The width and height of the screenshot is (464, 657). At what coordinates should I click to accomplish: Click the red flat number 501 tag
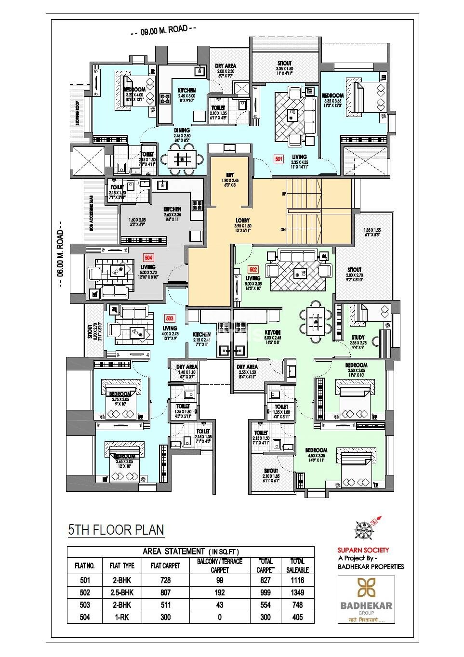click(278, 158)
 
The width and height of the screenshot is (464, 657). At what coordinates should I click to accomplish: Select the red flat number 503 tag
click(170, 318)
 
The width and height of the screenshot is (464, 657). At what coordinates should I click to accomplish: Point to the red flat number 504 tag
click(148, 258)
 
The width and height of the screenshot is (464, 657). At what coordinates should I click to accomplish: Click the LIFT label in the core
click(230, 175)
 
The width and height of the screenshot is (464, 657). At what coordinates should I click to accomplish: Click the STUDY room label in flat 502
click(358, 338)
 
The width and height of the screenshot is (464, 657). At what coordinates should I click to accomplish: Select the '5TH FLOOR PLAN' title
click(116, 530)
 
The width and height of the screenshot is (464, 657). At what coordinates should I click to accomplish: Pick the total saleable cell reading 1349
click(297, 592)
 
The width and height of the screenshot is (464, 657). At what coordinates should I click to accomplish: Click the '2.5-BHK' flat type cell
click(122, 592)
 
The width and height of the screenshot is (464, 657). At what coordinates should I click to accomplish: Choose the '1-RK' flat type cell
click(122, 617)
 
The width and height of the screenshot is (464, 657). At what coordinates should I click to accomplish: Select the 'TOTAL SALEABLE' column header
click(297, 565)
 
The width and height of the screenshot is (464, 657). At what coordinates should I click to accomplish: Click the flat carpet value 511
click(165, 605)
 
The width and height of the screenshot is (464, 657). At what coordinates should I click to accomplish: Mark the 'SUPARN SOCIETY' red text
click(363, 550)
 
